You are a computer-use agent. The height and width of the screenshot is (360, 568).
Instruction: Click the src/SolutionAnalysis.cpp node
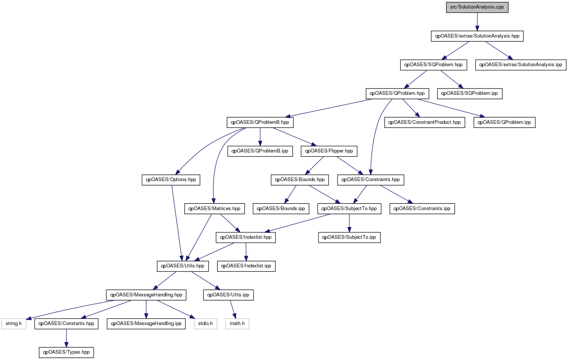point(477,7)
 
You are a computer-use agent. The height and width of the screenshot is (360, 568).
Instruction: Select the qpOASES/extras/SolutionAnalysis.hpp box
point(477,36)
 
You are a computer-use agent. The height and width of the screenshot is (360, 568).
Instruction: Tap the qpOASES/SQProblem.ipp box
point(469,93)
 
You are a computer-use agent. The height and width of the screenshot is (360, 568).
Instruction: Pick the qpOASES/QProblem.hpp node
point(397,93)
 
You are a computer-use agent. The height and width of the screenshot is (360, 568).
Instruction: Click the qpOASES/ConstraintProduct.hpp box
point(425,122)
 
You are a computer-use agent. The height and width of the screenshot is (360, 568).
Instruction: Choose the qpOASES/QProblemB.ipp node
point(260,151)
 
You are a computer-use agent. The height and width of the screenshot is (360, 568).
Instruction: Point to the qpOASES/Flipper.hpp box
point(329,151)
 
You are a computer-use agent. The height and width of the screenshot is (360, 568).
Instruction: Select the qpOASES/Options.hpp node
point(171,180)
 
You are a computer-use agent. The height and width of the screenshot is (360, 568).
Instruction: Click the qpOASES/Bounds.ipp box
point(281,209)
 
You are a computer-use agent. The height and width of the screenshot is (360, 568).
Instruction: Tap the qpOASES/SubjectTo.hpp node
point(349,209)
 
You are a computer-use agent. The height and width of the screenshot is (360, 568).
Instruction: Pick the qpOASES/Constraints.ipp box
point(422,209)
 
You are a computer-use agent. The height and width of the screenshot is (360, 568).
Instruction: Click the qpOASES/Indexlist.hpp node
point(246,237)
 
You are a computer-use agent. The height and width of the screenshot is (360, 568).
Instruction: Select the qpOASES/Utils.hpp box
point(183,266)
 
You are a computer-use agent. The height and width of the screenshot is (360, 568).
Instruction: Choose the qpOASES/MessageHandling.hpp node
point(146,295)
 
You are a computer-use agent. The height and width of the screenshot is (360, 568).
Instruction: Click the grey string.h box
point(14,324)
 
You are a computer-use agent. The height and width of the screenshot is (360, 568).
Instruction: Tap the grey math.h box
point(237,324)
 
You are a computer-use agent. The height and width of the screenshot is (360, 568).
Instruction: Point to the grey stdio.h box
point(205,324)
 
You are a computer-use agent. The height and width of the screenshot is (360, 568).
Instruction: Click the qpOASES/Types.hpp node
point(67,352)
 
